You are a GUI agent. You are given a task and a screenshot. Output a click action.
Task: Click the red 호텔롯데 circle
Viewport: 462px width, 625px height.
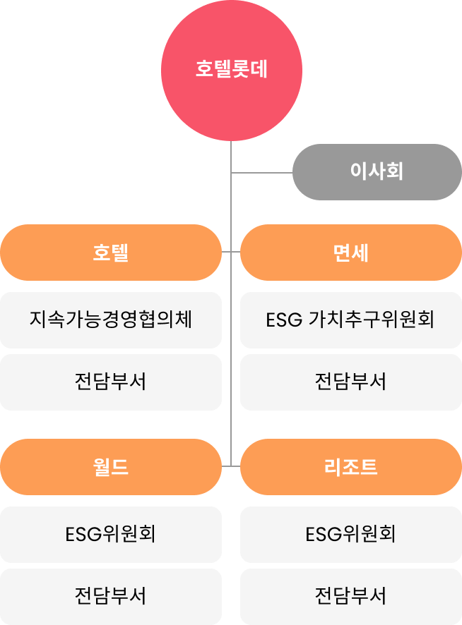pos(231,70)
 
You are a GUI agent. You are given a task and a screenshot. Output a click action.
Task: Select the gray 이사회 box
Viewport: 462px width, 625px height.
pos(377,172)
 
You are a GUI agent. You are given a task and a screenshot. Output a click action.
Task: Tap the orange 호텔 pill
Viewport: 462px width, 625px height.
pos(111,253)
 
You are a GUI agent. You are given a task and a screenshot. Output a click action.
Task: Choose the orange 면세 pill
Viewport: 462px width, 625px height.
pos(351,253)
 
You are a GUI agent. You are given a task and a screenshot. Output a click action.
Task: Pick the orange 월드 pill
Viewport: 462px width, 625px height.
pos(111,467)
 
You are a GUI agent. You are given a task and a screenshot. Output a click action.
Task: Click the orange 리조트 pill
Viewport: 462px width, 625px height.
pos(351,467)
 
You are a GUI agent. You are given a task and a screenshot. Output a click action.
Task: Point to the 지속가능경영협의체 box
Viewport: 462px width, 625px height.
pos(111,320)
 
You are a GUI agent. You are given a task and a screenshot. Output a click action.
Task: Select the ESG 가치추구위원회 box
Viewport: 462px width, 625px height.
pos(351,320)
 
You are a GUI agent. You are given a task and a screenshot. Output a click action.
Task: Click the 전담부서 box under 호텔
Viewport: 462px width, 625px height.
pos(111,382)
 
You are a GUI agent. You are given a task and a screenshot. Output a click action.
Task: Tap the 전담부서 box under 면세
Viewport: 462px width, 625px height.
pos(351,382)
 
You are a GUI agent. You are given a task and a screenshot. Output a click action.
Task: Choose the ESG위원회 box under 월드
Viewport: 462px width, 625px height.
pos(111,535)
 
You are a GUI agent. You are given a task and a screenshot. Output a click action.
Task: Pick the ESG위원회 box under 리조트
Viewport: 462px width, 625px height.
pos(351,535)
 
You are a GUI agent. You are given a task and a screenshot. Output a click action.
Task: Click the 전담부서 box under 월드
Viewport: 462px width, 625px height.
pos(111,597)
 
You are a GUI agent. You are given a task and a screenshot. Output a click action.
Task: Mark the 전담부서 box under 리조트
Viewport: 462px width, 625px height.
pos(351,597)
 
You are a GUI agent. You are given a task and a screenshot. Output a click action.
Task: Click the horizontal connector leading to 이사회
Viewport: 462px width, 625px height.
pos(262,173)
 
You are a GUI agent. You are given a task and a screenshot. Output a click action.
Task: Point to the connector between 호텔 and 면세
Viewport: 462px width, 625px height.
pos(231,252)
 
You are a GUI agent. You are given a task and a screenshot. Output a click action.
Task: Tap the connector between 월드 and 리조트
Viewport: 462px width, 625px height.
pos(231,466)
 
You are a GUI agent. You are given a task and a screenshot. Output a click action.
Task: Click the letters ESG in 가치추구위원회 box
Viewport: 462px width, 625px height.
pos(284,320)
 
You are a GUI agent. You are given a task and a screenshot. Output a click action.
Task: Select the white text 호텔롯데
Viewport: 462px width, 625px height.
pos(231,68)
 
